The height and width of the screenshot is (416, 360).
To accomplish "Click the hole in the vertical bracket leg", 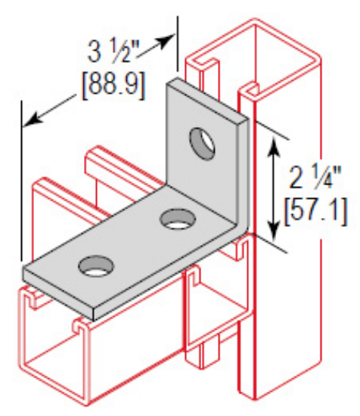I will pyautogui.click(x=201, y=144).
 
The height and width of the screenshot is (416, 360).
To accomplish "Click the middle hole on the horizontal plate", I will pyautogui.click(x=175, y=222).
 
